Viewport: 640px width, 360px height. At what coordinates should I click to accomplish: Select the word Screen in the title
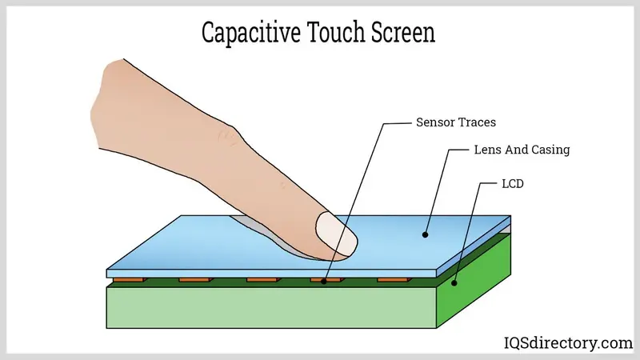[x=403, y=32]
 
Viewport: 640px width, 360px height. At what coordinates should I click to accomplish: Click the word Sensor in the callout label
[x=434, y=122]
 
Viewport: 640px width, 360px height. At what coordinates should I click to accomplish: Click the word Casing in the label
[x=550, y=150]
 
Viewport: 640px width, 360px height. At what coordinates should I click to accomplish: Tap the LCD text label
[x=513, y=184]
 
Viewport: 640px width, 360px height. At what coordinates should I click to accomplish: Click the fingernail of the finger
[x=337, y=234]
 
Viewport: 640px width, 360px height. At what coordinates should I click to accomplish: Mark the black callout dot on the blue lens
[x=425, y=234]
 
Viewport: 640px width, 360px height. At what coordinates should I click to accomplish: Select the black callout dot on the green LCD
[x=454, y=283]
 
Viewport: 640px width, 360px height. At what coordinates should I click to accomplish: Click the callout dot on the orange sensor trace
[x=324, y=282]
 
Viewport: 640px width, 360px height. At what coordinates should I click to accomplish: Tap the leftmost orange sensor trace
[x=130, y=280]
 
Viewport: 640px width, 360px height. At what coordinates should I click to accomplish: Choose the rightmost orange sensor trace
[x=394, y=280]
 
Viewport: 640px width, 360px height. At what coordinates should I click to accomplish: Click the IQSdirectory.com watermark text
[x=568, y=343]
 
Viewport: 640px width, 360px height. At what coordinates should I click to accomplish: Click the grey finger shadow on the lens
[x=270, y=237]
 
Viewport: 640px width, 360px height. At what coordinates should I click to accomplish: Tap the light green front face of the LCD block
[x=271, y=308]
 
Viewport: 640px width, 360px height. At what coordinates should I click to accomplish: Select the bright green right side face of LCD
[x=474, y=282]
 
